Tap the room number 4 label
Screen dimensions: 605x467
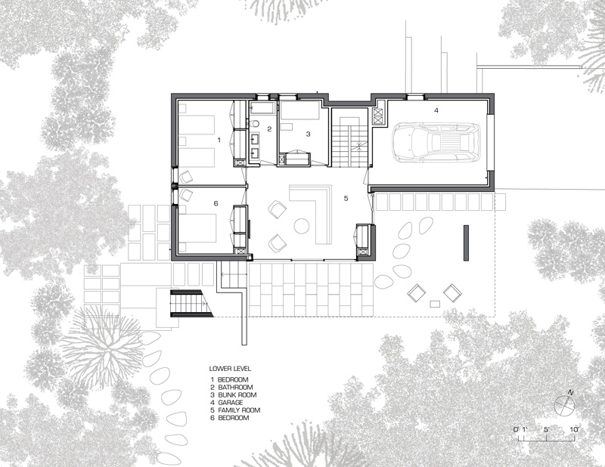click(436, 110)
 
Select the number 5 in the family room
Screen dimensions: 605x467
click(346, 198)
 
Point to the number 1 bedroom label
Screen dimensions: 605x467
click(219, 140)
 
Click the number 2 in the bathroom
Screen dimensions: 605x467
click(269, 129)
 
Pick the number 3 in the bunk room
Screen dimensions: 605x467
click(308, 135)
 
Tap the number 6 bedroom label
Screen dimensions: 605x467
click(216, 203)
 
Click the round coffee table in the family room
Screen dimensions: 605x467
click(302, 226)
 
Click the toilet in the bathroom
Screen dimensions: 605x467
click(255, 123)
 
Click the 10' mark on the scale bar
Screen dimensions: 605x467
click(574, 429)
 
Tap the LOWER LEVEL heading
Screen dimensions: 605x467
click(230, 369)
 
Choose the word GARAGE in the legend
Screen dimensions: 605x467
click(231, 403)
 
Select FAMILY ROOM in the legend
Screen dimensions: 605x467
click(239, 410)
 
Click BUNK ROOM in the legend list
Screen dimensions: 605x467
click(237, 395)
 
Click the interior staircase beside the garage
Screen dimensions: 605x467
click(349, 144)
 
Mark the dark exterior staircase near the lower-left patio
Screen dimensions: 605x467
click(191, 303)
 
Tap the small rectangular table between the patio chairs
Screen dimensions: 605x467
click(436, 303)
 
